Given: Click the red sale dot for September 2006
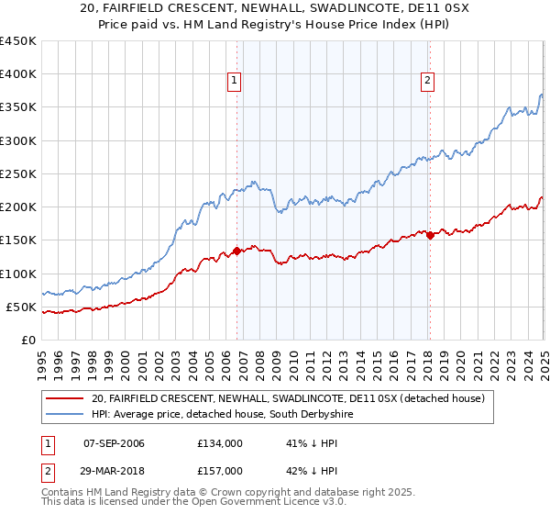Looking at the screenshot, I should (x=236, y=250).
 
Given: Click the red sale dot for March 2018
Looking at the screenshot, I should (x=430, y=235).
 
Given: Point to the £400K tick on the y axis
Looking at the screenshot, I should (x=18, y=74).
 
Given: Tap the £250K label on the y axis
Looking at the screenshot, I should (x=18, y=173).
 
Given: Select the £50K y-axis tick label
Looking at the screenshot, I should (x=22, y=307).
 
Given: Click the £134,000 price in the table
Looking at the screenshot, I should (x=220, y=442).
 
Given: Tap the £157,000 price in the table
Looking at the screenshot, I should (x=220, y=470).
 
